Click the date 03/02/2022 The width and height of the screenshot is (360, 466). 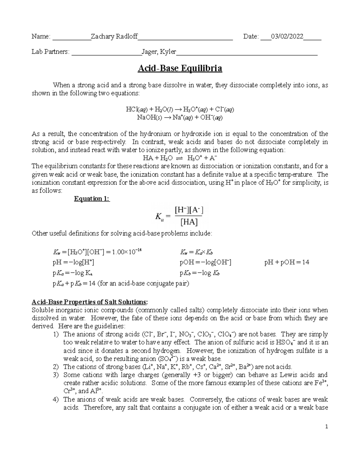pos(287,37)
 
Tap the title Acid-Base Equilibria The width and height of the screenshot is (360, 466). pos(180,68)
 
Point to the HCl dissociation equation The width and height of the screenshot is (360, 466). pos(180,110)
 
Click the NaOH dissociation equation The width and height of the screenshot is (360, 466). pos(180,117)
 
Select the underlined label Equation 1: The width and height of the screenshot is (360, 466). pos(92,199)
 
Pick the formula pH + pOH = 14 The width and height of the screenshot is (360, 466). pos(286,262)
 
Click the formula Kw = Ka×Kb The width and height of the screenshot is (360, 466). pos(196,252)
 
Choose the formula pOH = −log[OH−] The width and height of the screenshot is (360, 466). pos(205,263)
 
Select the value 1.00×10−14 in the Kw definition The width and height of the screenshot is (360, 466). pos(126,252)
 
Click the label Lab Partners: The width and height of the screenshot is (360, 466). pos(50,52)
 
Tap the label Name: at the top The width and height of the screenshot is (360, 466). pos(41,37)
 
